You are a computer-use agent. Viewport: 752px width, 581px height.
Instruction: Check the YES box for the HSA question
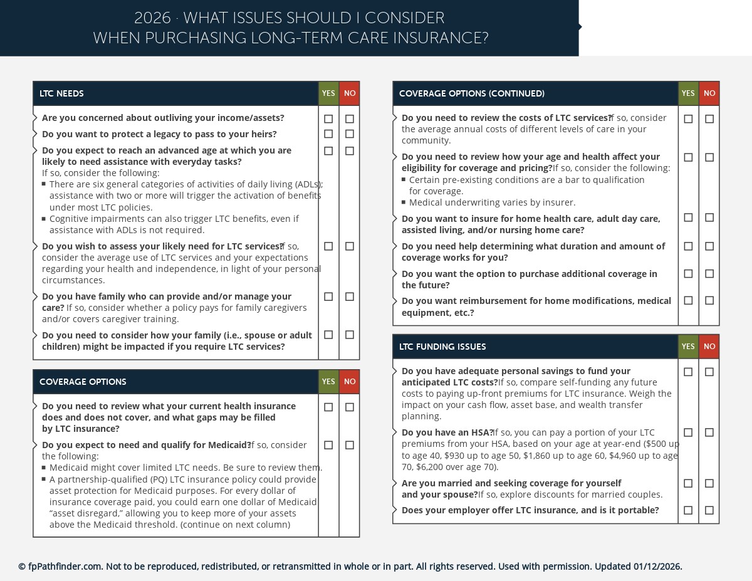click(x=688, y=432)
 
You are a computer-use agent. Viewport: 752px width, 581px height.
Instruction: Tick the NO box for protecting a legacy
click(x=350, y=134)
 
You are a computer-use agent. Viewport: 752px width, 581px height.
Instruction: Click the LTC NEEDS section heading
click(x=61, y=94)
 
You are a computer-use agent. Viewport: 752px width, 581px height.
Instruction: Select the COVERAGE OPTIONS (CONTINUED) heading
click(x=471, y=94)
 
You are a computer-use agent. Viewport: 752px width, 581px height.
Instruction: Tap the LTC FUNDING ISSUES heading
click(x=442, y=347)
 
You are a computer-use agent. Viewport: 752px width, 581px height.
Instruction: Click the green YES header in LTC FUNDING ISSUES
click(x=688, y=347)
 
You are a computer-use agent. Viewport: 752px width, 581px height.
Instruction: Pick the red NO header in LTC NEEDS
click(x=350, y=94)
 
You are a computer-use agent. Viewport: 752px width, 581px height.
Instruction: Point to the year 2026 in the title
click(x=152, y=18)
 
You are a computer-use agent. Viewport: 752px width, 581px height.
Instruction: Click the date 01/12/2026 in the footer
click(x=657, y=567)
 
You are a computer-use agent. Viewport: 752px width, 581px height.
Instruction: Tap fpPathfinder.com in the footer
click(x=65, y=567)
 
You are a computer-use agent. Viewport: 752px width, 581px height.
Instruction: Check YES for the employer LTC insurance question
click(x=688, y=510)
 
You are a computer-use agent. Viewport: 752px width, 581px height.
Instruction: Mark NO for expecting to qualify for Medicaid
click(x=350, y=445)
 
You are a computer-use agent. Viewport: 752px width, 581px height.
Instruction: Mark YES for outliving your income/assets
click(x=328, y=118)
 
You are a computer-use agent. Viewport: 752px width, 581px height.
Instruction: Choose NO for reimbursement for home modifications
click(x=709, y=301)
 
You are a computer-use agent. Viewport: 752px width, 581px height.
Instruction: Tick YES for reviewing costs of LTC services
click(x=688, y=118)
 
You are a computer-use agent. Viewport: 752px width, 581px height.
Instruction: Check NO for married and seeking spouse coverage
click(x=709, y=483)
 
